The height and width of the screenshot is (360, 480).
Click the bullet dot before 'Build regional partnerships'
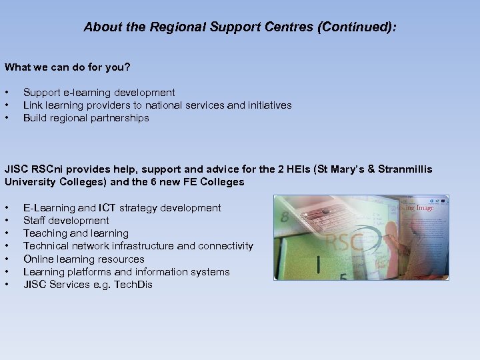(7, 119)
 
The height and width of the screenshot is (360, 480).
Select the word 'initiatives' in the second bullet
(267, 105)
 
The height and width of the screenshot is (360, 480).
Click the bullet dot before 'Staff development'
(7, 221)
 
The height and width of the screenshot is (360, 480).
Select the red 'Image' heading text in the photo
(421, 207)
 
